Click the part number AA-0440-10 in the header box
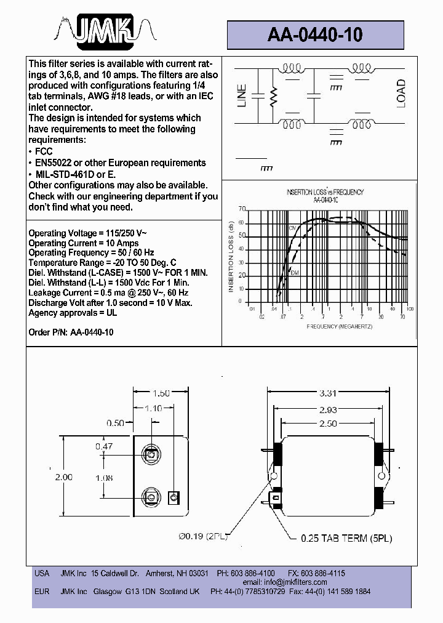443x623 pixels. click(315, 36)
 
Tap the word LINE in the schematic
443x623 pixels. click(242, 96)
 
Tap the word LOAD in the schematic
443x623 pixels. click(401, 94)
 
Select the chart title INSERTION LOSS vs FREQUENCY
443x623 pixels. click(325, 192)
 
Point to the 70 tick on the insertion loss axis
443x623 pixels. click(242, 209)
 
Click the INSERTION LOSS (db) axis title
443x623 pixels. click(231, 257)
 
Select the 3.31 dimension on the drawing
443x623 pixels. click(328, 393)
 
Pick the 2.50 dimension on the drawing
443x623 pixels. click(328, 424)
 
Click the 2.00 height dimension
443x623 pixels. click(63, 476)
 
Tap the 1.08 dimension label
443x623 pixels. click(104, 476)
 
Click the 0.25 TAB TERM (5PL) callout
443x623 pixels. click(346, 538)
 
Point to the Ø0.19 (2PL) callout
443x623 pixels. click(203, 537)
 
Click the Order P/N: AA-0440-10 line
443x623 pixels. click(71, 332)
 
